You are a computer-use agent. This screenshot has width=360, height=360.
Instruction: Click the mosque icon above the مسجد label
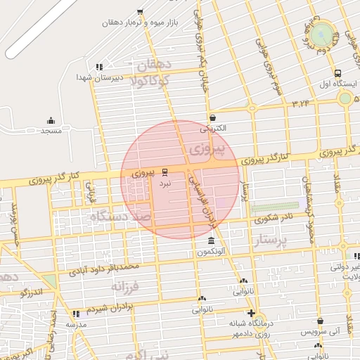50,121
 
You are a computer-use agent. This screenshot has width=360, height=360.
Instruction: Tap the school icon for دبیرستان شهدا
99,67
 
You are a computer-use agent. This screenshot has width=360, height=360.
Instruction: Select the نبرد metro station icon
165,172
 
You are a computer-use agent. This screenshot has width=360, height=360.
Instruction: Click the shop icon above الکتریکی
212,118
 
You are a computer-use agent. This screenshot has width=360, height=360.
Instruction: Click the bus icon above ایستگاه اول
338,73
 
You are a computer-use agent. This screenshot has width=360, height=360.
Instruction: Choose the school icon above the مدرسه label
76,314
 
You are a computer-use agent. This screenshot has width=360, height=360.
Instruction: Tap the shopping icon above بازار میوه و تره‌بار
140,11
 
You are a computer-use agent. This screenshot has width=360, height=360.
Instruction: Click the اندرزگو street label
32,291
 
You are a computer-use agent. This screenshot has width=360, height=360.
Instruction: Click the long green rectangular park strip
275,207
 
